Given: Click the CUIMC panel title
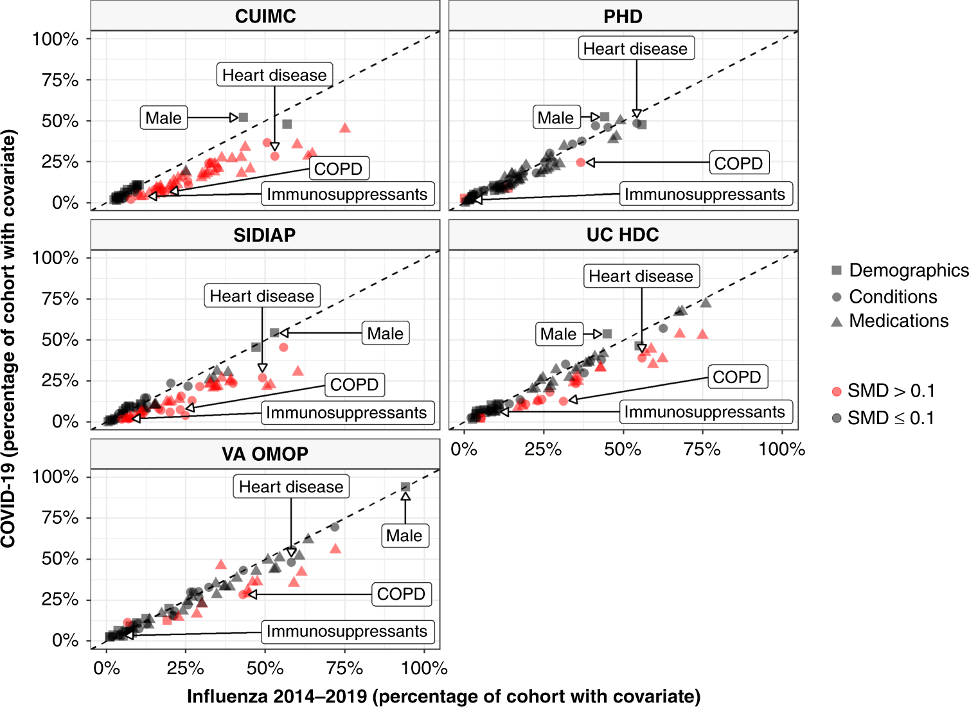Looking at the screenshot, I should point(265,16).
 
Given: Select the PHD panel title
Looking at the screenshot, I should point(623,16).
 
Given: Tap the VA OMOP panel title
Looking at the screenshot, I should point(265,454).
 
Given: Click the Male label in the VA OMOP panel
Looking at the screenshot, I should point(404,535).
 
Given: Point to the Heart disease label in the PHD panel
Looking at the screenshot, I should point(636,49).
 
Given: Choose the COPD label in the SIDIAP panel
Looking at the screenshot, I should point(354,384).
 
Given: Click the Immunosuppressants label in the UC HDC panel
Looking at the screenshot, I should point(705,412).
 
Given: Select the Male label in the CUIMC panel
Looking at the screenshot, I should point(164,118).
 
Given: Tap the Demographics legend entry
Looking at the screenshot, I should point(908,271).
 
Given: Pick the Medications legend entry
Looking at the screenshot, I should point(898,321).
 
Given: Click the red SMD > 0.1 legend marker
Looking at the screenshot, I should point(837,391).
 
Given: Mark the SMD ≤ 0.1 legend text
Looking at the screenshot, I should point(891,418).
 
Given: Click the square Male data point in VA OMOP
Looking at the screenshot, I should point(405,487).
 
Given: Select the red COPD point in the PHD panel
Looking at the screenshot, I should point(581,163).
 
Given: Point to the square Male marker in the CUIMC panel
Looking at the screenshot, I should point(244,118).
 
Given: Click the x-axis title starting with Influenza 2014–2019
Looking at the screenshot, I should point(443,696).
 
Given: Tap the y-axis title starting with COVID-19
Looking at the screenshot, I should point(8,339).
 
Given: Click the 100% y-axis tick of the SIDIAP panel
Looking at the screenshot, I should point(56,258).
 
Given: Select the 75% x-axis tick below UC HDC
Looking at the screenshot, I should point(702,449).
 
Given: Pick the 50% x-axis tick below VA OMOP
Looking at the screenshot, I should point(265,668).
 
